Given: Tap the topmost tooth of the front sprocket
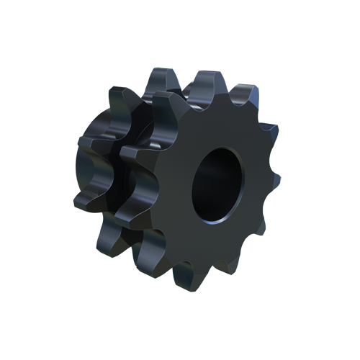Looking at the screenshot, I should point(202,81).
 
